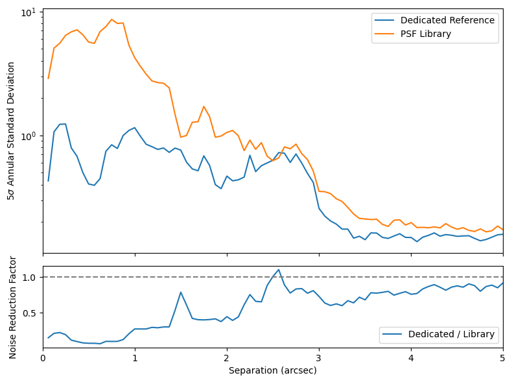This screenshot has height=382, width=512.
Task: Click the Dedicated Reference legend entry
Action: click(x=447, y=20)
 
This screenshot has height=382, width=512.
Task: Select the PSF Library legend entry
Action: click(x=425, y=34)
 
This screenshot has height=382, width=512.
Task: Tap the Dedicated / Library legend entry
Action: click(x=451, y=334)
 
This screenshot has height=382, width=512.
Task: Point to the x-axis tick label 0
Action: click(x=43, y=358)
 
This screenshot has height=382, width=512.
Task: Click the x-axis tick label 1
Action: click(x=135, y=358)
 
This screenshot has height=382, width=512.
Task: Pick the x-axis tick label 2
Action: click(x=227, y=358)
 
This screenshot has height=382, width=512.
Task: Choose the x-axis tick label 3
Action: click(x=319, y=358)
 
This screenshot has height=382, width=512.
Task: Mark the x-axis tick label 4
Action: click(x=411, y=358)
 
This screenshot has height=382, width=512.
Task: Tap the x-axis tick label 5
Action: click(x=503, y=358)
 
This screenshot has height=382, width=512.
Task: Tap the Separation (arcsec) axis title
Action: click(x=273, y=371)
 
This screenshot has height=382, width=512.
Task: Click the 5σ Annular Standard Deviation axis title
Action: click(x=12, y=130)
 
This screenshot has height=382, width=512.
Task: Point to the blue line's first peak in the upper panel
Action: click(x=63, y=124)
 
